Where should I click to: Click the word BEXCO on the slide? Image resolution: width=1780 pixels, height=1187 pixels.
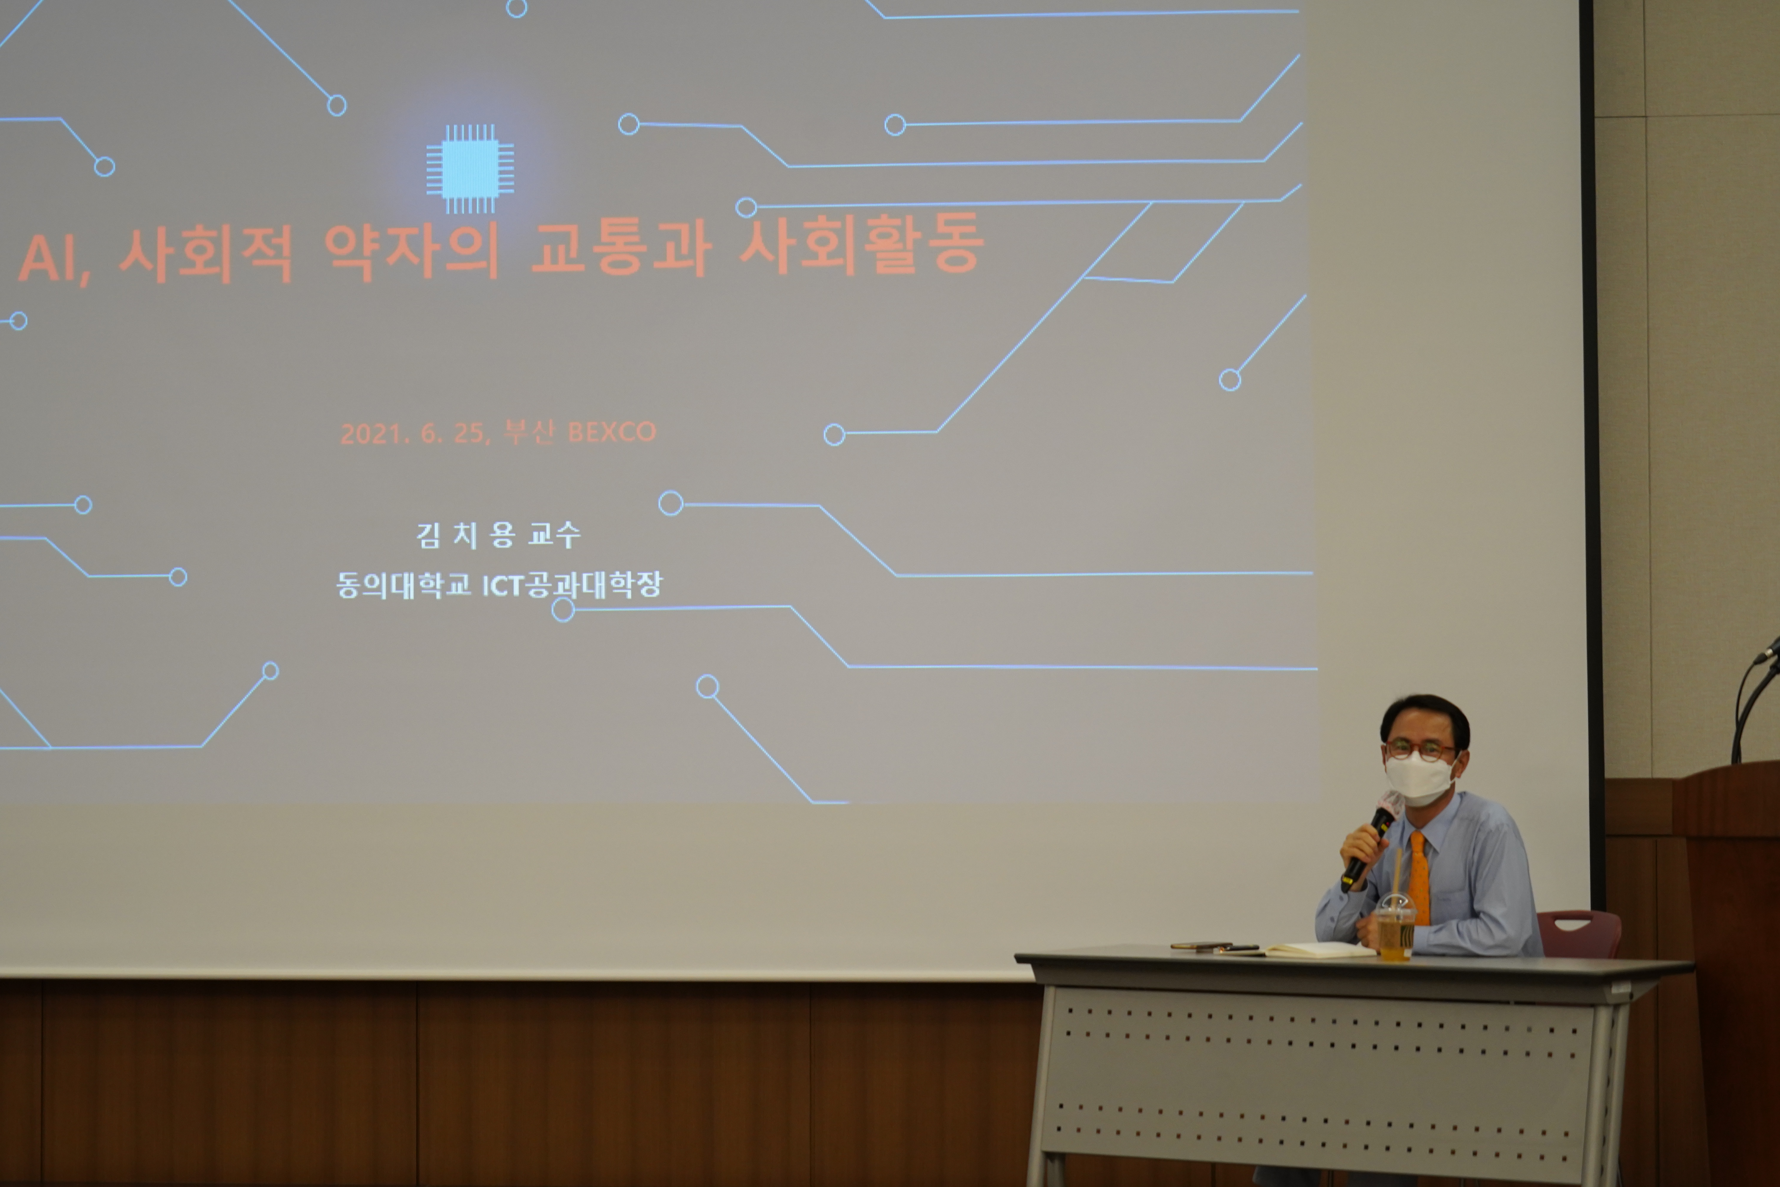pos(611,431)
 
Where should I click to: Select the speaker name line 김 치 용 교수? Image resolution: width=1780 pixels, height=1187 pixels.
pos(498,535)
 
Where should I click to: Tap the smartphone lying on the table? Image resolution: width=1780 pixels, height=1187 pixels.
pos(1201,945)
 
